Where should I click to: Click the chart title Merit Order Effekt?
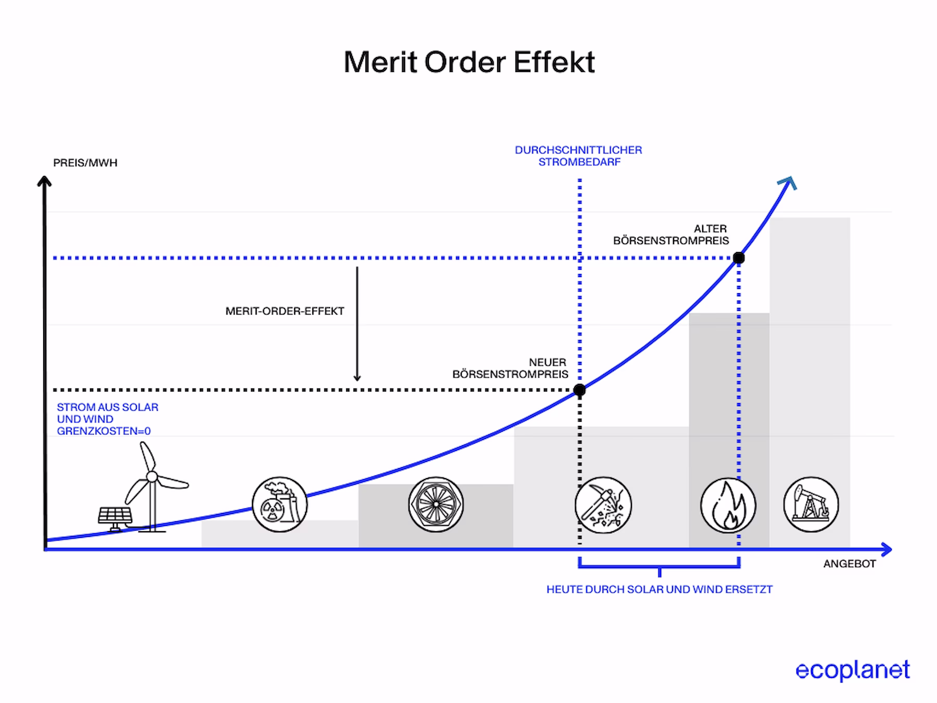pos(469,62)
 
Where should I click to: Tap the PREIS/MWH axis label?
pos(85,163)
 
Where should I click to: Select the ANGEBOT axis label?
pos(849,563)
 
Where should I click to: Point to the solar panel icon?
pos(115,517)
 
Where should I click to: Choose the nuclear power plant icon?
pos(280,504)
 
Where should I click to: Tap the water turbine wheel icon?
pos(436,504)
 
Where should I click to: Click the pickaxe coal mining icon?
pos(603,505)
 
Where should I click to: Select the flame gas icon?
pos(728,505)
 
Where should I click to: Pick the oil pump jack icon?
pos(811,505)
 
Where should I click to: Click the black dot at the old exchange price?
pos(738,258)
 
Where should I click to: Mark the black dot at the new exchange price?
pos(579,390)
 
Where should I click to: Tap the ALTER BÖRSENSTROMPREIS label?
pos(671,234)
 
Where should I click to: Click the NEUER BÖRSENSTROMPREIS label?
pos(510,368)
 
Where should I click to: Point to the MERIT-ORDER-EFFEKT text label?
pos(285,311)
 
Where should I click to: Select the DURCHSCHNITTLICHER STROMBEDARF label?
pos(578,156)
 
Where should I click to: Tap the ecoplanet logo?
pos(853,670)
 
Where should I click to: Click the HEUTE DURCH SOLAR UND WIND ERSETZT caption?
pos(659,589)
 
